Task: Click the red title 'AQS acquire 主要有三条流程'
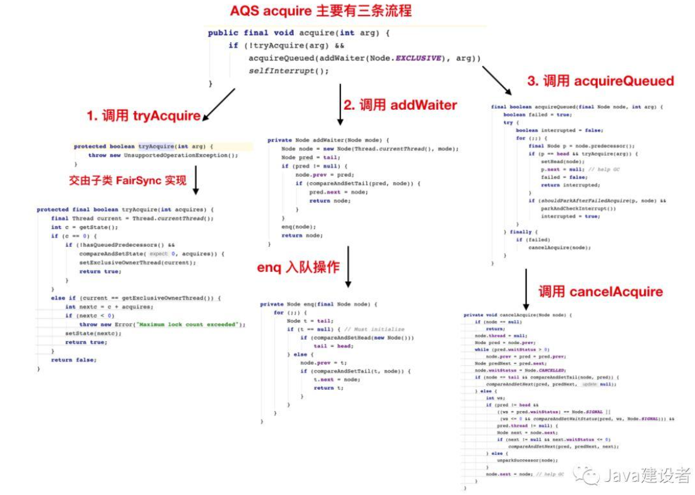pos(321,11)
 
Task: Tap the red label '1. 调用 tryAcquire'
pos(144,115)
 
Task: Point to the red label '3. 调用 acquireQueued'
pos(600,81)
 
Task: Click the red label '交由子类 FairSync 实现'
pos(128,180)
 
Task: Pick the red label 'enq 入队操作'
pos(298,268)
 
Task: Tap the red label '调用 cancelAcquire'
pos(600,291)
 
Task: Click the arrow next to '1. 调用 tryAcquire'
pos(219,104)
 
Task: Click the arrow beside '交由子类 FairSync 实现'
pos(196,180)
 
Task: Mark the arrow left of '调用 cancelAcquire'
pos(525,285)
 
